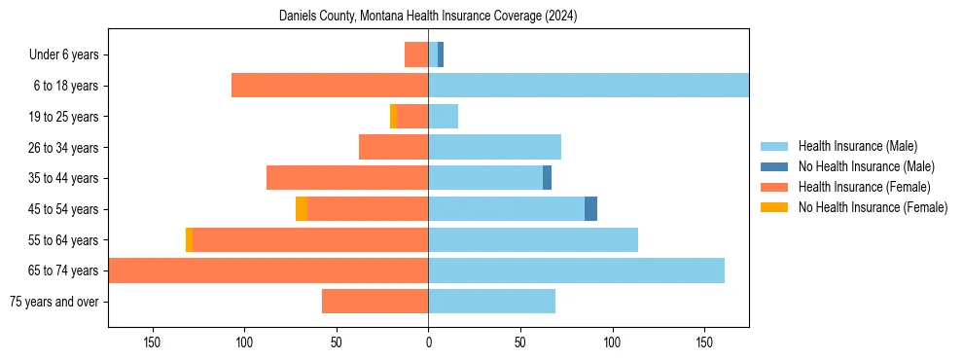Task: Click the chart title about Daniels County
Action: click(428, 17)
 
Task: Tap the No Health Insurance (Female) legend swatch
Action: click(774, 207)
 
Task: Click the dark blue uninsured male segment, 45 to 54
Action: click(590, 209)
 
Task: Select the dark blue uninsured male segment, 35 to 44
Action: click(547, 178)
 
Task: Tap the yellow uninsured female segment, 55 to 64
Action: click(189, 240)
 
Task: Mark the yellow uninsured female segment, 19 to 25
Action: click(393, 117)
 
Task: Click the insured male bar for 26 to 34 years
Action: click(494, 147)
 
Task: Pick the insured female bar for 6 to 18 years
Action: click(330, 86)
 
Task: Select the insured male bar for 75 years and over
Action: click(491, 302)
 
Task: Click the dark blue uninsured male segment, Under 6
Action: click(441, 54)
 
